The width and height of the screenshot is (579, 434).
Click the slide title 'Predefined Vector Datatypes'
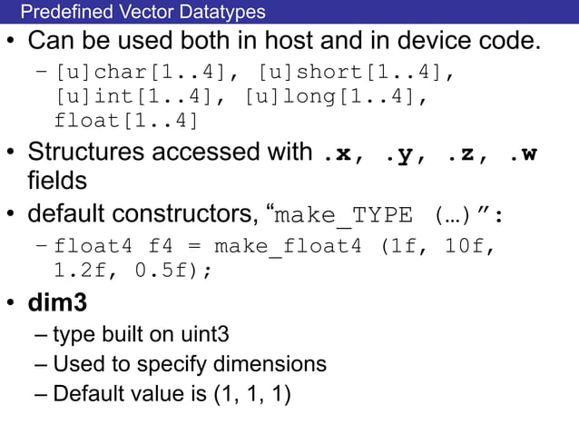[x=142, y=12]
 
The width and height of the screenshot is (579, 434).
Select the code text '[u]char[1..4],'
[x=143, y=73]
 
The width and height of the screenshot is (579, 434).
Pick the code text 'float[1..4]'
[x=126, y=120]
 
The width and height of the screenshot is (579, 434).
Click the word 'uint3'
[x=202, y=334]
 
